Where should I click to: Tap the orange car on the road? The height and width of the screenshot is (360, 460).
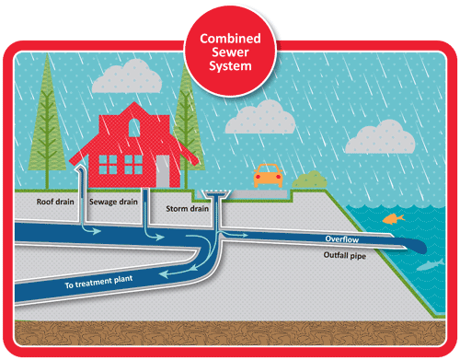point(268,173)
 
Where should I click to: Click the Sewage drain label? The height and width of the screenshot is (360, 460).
point(113,199)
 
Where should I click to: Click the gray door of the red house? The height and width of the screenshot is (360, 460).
point(162,171)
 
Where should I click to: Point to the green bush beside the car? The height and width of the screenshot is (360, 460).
point(310,179)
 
